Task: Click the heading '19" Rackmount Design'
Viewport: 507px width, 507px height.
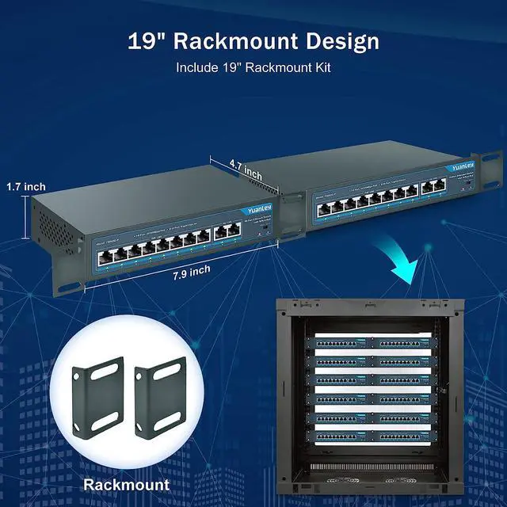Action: pos(253,41)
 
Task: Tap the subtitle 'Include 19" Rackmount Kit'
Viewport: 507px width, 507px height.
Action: pos(253,68)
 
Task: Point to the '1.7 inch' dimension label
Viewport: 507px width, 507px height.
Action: pos(25,187)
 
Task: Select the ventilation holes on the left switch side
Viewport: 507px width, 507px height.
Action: pos(55,231)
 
